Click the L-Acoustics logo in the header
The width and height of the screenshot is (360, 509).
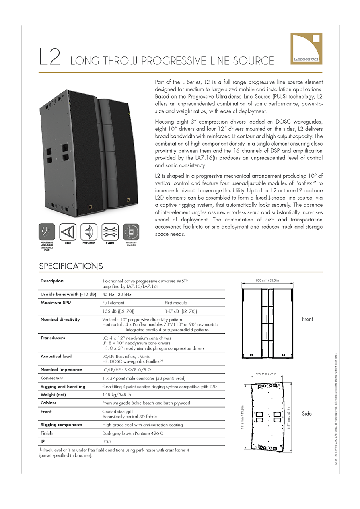[306, 49]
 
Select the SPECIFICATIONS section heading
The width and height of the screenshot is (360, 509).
[71, 266]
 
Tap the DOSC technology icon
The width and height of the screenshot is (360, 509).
[68, 232]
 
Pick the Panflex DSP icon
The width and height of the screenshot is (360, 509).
[89, 232]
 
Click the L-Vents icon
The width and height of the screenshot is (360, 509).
[110, 232]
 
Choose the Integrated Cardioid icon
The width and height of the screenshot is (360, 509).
[131, 232]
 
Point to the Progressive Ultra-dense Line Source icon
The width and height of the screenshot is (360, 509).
[47, 232]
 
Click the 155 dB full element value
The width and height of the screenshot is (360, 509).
[118, 311]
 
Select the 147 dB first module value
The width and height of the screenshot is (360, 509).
[181, 311]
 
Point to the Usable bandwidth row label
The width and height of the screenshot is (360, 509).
[68, 294]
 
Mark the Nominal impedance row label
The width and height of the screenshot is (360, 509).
[61, 370]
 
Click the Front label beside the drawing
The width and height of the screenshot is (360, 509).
[307, 319]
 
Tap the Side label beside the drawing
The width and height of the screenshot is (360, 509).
[307, 414]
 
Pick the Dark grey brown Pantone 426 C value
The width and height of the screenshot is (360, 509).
[132, 433]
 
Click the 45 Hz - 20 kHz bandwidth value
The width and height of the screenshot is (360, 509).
[117, 294]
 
